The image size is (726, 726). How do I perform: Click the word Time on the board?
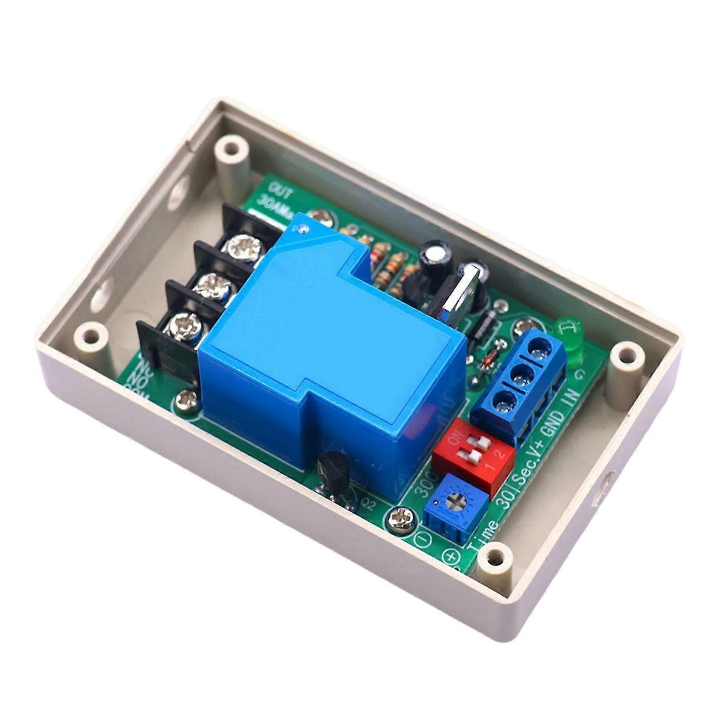point(482,540)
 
